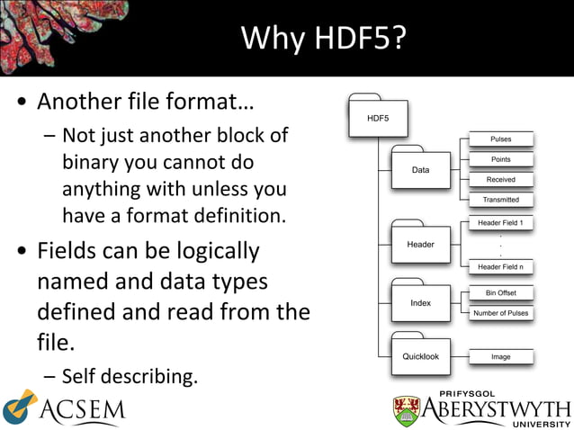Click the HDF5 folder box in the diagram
click(379, 118)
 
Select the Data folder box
click(420, 169)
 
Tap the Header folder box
click(420, 244)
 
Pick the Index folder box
click(420, 303)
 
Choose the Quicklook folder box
click(420, 356)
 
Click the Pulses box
click(501, 139)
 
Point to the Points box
click(501, 159)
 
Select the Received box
click(501, 180)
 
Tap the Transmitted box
click(501, 200)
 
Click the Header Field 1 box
click(500, 222)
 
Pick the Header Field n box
click(500, 266)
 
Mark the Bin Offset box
click(501, 292)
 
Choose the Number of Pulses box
click(501, 313)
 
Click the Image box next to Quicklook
click(501, 357)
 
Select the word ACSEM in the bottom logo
click(82, 412)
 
